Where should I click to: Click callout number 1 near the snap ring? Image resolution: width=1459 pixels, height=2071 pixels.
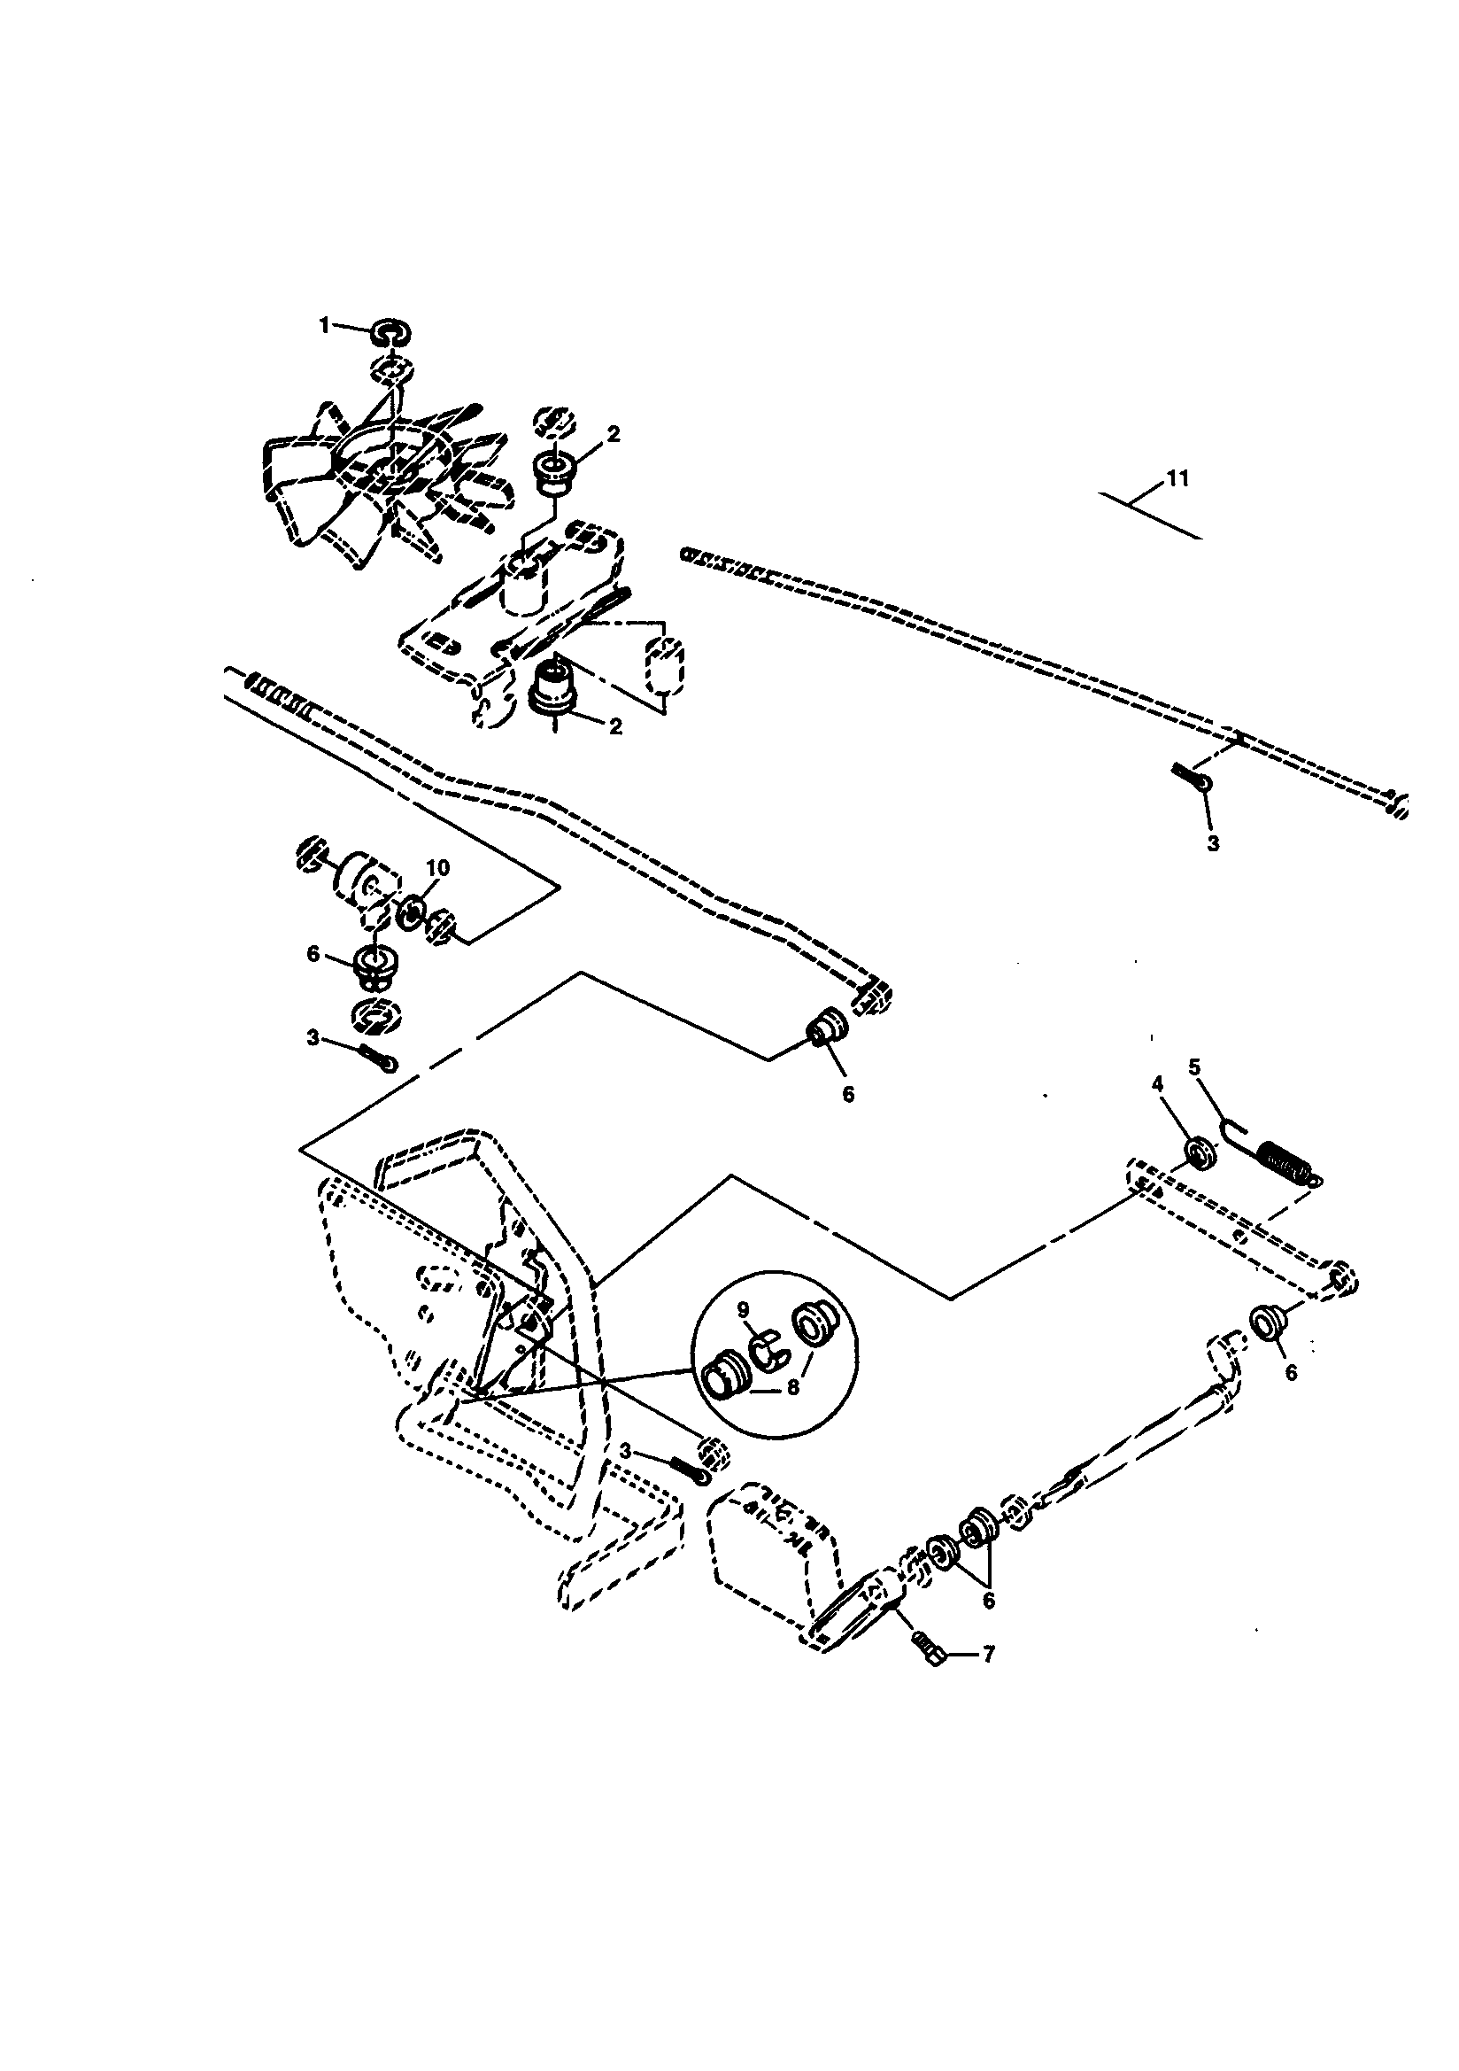click(326, 328)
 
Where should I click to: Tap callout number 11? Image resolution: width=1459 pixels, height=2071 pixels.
click(1177, 479)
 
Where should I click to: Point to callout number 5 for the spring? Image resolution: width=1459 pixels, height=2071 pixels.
click(1195, 1068)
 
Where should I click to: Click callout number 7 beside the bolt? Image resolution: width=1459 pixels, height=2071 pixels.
click(988, 1656)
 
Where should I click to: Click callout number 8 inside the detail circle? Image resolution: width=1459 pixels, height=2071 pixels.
click(792, 1388)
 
